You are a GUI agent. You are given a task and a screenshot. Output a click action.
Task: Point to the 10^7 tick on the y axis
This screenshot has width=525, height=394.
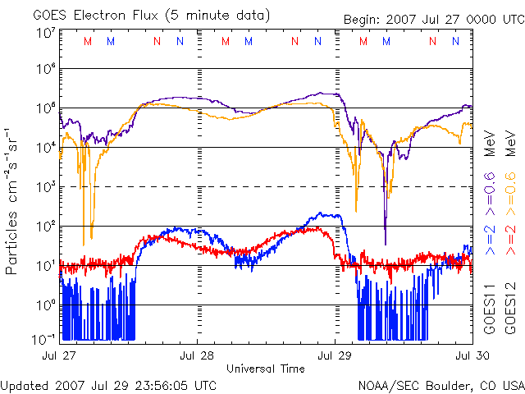pyautogui.click(x=45, y=33)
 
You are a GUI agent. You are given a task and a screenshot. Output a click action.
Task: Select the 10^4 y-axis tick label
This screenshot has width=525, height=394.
pyautogui.click(x=45, y=146)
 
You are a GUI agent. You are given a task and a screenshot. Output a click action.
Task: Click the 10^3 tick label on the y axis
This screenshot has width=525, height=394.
pyautogui.click(x=45, y=186)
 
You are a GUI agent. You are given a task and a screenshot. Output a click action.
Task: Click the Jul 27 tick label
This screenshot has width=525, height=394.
pyautogui.click(x=59, y=355)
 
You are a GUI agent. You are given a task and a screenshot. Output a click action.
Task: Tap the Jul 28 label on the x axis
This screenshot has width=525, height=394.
pyautogui.click(x=197, y=355)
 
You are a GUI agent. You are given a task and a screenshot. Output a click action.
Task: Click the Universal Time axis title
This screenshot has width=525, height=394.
pyautogui.click(x=265, y=369)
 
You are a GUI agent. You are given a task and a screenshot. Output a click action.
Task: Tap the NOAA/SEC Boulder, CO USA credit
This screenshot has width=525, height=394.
pyautogui.click(x=441, y=384)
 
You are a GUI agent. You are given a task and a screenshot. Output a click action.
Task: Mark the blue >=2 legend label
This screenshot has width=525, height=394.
pyautogui.click(x=490, y=236)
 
